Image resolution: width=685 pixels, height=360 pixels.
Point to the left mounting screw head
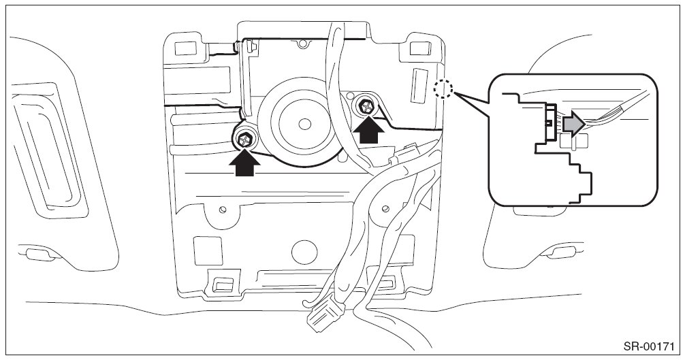click(x=244, y=140)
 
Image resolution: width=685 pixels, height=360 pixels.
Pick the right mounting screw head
click(x=366, y=105)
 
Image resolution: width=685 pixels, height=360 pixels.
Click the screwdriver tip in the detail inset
click(x=592, y=120)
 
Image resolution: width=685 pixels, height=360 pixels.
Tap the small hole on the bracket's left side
click(x=221, y=209)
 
